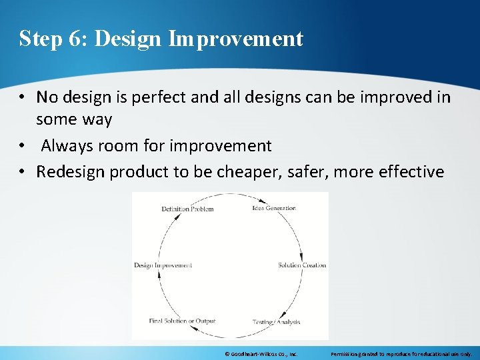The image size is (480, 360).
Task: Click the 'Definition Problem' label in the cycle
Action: pyautogui.click(x=187, y=209)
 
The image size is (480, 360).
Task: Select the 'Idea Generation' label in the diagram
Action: pyautogui.click(x=273, y=208)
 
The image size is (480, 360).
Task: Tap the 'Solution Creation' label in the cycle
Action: pyautogui.click(x=302, y=265)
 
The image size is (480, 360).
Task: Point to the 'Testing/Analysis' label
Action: pyautogui.click(x=276, y=322)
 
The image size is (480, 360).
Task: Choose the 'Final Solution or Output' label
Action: pyautogui.click(x=182, y=321)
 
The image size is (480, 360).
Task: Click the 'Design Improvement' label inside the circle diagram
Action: pyautogui.click(x=163, y=265)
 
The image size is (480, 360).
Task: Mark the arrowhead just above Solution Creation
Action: pyautogui.click(x=302, y=257)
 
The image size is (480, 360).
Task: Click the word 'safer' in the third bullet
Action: pyautogui.click(x=308, y=171)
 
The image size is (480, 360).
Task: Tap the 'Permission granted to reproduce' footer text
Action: pyautogui.click(x=401, y=353)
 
